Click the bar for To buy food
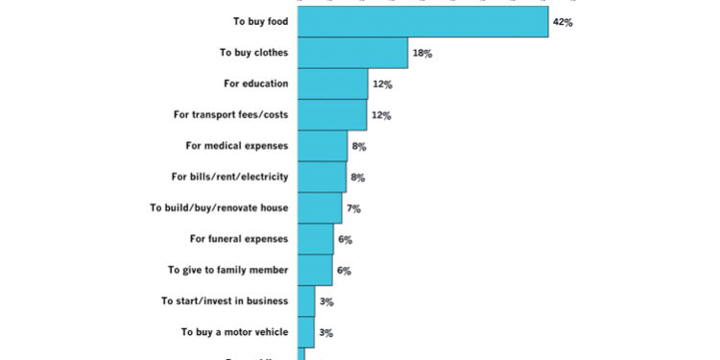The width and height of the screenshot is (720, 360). tap(422, 21)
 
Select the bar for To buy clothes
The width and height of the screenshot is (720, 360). tap(352, 53)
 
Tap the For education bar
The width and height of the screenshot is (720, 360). tap(333, 84)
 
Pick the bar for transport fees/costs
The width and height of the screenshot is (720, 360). tap(332, 115)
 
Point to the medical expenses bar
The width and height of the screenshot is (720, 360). tap(323, 146)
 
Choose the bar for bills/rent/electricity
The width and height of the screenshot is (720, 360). tap(323, 177)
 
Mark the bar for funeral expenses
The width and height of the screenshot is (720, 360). tap(316, 239)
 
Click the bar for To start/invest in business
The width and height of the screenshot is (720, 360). tap(306, 300)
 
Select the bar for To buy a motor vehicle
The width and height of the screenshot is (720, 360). tap(306, 332)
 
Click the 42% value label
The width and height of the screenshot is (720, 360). tap(563, 22)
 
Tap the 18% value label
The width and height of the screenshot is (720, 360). tap(421, 54)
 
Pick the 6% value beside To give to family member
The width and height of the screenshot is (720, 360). tap(345, 271)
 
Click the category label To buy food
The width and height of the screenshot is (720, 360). tap(260, 22)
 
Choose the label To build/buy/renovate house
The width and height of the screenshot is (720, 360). tap(219, 208)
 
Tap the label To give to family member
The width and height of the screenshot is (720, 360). tap(228, 271)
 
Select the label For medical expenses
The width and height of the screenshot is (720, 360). tap(236, 146)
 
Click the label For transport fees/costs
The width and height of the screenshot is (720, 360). tap(230, 115)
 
